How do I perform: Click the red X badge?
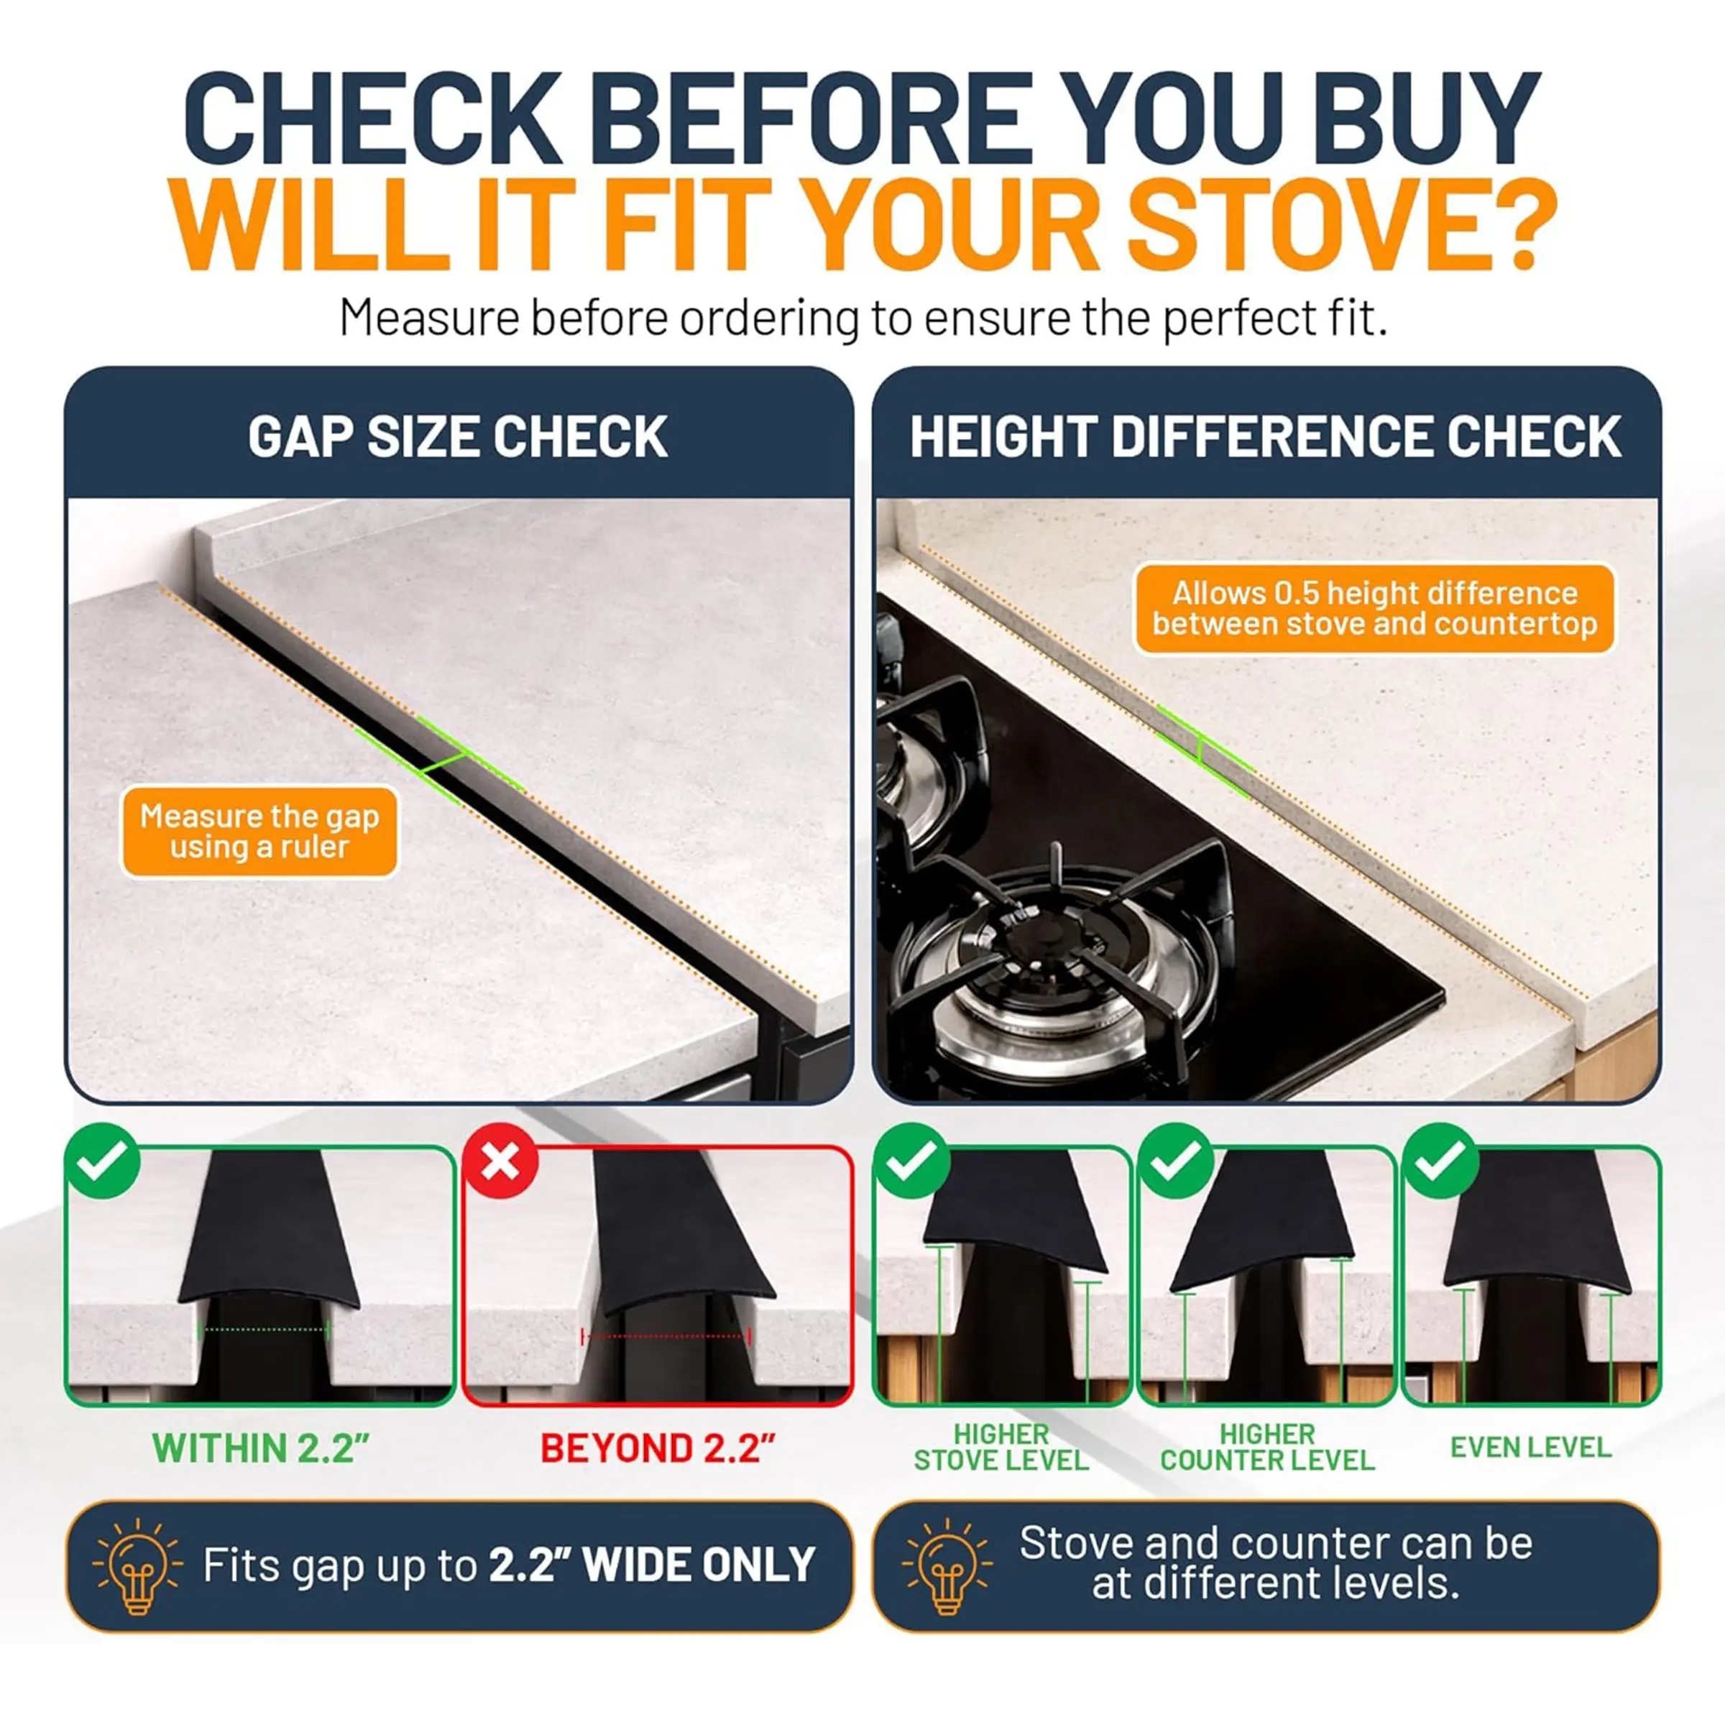(x=500, y=1161)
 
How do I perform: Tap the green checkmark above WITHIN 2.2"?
(x=103, y=1161)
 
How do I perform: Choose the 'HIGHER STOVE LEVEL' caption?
(x=1001, y=1448)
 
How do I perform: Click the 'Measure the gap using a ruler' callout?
(x=259, y=832)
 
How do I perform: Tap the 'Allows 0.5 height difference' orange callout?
(x=1374, y=609)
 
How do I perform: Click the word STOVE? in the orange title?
(x=1342, y=224)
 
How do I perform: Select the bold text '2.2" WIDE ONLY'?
(x=652, y=1564)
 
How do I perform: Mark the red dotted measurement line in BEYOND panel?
(x=665, y=1337)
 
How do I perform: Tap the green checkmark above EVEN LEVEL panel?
(x=1440, y=1161)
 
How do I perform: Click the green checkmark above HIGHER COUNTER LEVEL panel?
(x=1177, y=1161)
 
